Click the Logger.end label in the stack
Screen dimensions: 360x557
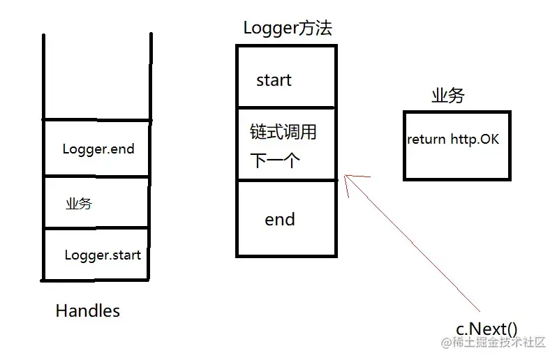(98, 149)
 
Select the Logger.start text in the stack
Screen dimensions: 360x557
(103, 255)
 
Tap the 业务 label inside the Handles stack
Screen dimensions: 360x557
(79, 204)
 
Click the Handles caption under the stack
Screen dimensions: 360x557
(87, 310)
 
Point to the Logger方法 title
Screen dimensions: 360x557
(288, 29)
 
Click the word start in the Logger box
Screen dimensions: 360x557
(274, 80)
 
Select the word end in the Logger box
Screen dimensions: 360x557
(280, 220)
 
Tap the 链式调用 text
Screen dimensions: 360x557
(283, 132)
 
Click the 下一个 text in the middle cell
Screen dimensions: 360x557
(275, 161)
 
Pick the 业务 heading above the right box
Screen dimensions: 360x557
(447, 96)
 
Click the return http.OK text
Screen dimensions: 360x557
(453, 140)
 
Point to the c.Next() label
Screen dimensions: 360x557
(487, 329)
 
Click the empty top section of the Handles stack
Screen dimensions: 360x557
(97, 77)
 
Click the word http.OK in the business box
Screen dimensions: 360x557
(475, 140)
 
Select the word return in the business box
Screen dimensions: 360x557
(426, 140)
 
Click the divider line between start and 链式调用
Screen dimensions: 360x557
(286, 107)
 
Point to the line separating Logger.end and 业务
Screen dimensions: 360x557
(97, 177)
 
